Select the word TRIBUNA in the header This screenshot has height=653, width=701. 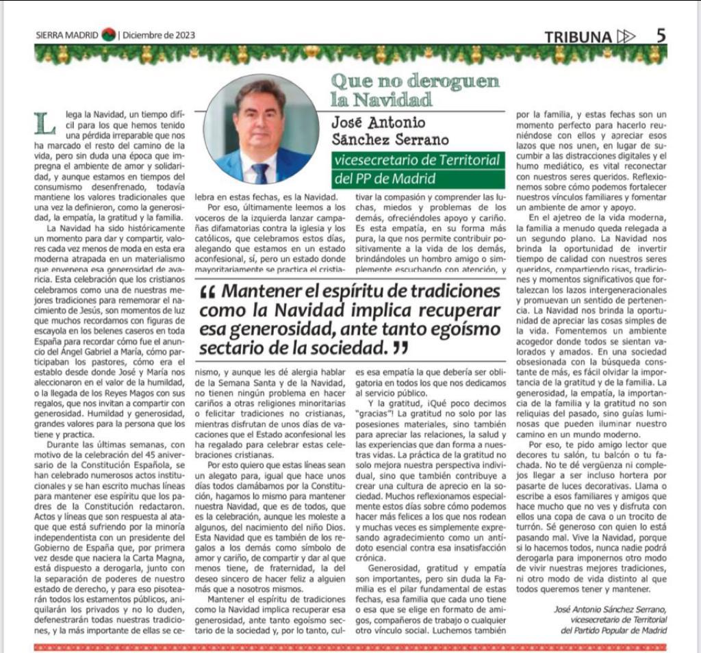pos(578,37)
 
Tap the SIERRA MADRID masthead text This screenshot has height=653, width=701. pos(67,36)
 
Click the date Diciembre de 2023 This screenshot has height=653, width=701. pos(160,36)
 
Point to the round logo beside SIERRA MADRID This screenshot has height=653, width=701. pos(108,35)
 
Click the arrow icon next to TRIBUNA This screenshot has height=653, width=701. pos(626,36)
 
